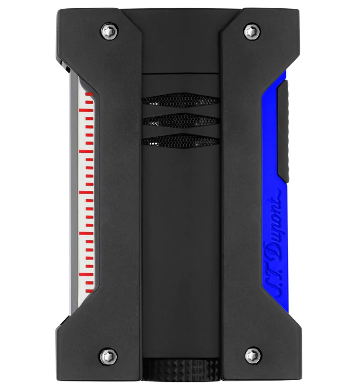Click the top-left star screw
110,31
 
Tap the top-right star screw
252,31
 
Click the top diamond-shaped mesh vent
181,100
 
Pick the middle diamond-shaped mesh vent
181,120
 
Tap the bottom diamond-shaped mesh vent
181,141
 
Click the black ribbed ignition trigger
283,131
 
